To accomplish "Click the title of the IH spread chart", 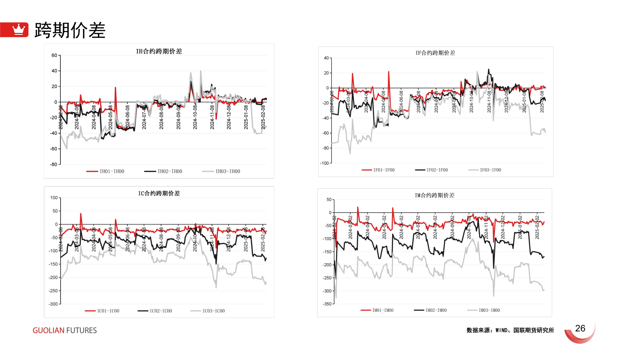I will [x=159, y=51].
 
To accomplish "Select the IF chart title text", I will [x=435, y=53].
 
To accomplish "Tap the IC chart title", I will [x=159, y=194].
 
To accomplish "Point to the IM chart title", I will [x=435, y=196].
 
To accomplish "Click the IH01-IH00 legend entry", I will [x=105, y=171].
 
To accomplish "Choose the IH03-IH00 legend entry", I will [x=221, y=171].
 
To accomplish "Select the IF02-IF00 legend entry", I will [x=431, y=170].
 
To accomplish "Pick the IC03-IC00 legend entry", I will [x=207, y=311].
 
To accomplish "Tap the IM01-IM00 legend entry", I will [x=377, y=310].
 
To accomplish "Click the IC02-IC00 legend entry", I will [x=155, y=311].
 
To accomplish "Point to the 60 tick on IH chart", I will [x=54, y=55].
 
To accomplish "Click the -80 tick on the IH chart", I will [x=53, y=164].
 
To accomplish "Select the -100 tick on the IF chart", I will [x=324, y=163].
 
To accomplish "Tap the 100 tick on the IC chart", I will [x=54, y=198].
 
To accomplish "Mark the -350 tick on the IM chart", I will [x=327, y=304].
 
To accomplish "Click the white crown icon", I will [x=18, y=30].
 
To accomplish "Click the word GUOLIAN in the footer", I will [x=48, y=331].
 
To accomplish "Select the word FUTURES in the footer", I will [x=81, y=331].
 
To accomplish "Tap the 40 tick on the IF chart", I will [x=326, y=58].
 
